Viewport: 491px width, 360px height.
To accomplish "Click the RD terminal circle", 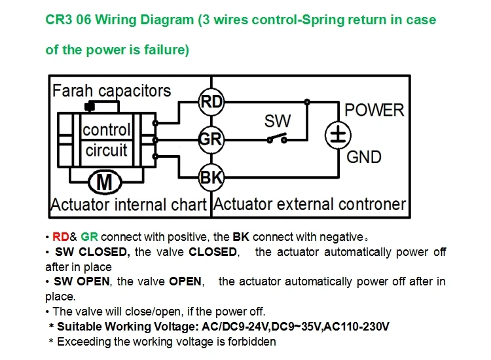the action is point(211,101).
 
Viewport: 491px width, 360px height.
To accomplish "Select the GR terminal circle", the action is point(211,139).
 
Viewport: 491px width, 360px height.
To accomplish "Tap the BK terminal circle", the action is point(211,177).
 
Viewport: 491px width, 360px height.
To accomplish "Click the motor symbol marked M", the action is point(105,182).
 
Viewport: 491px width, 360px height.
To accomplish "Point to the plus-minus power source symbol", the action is point(338,135).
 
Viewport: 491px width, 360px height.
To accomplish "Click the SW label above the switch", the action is point(278,121).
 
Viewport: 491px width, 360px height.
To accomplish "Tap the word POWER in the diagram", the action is point(374,110).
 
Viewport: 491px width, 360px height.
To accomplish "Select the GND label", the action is point(364,157).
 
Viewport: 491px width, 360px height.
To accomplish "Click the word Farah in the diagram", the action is point(73,91).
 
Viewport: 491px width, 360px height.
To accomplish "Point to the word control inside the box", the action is point(107,130).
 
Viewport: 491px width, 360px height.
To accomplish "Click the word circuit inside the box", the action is point(107,151).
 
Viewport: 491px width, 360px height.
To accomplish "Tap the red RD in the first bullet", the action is point(61,237).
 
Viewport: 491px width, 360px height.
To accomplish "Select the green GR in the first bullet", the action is point(89,237).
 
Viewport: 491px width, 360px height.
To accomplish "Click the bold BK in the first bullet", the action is point(241,237).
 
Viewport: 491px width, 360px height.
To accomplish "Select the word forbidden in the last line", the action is point(252,342).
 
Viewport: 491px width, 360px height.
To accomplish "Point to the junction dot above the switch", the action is point(307,101).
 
